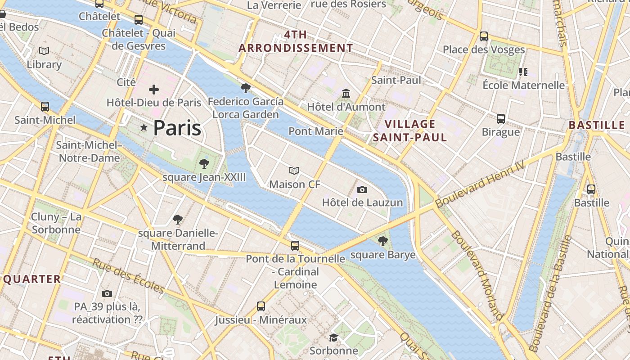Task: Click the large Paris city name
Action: (177, 128)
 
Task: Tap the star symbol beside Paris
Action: (144, 128)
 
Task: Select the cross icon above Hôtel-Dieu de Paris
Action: (154, 90)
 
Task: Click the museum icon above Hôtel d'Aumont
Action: (346, 94)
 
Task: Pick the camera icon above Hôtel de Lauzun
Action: (362, 189)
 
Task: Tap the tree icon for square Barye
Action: (382, 241)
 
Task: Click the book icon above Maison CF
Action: (294, 171)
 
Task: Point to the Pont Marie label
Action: (315, 131)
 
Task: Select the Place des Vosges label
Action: (484, 49)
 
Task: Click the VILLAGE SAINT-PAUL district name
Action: (410, 130)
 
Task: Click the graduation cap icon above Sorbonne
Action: (333, 337)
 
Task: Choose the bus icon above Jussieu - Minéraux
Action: (261, 306)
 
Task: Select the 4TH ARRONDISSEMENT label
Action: (296, 41)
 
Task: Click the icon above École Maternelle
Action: (523, 72)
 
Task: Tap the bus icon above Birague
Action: (501, 119)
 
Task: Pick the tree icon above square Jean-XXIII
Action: (204, 163)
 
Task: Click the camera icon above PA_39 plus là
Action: (107, 294)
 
